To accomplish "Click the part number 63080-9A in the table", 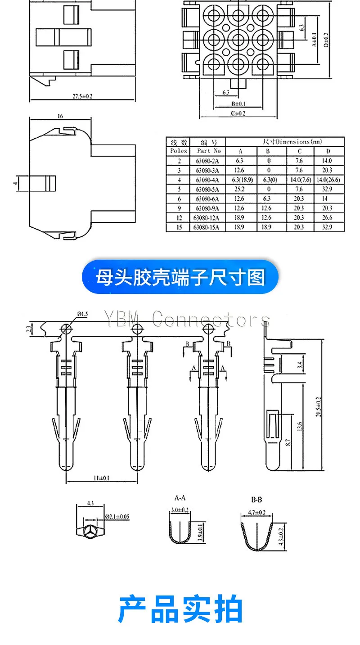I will pos(208,208).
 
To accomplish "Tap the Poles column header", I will pos(179,151).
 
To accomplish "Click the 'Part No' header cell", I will pos(209,151).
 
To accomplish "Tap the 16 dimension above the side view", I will pos(60,116).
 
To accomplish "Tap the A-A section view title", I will pos(180,498).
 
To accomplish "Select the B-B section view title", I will pos(257,500).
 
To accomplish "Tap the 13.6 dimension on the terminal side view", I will pos(300,427).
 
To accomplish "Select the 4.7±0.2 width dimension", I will pos(257,513).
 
